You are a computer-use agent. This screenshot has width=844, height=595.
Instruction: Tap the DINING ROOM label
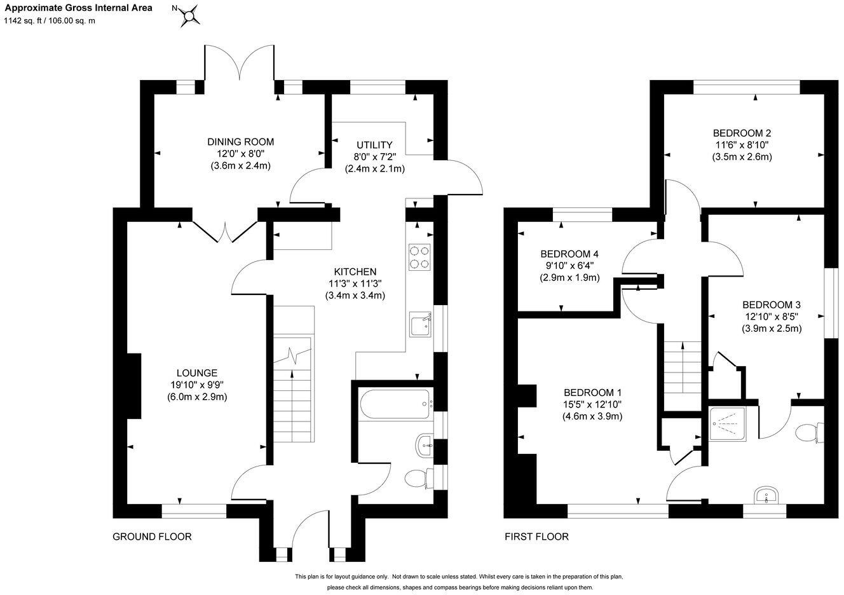(240, 142)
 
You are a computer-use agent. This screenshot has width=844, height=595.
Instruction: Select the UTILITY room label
(375, 145)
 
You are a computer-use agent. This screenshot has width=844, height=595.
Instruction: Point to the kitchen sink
(420, 325)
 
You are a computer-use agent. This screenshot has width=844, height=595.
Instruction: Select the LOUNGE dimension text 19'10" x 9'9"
(197, 385)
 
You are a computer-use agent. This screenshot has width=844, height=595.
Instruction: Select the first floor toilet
(810, 434)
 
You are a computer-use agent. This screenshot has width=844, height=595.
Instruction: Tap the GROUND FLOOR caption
(152, 537)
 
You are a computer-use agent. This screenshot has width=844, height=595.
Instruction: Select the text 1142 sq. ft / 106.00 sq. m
(50, 20)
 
